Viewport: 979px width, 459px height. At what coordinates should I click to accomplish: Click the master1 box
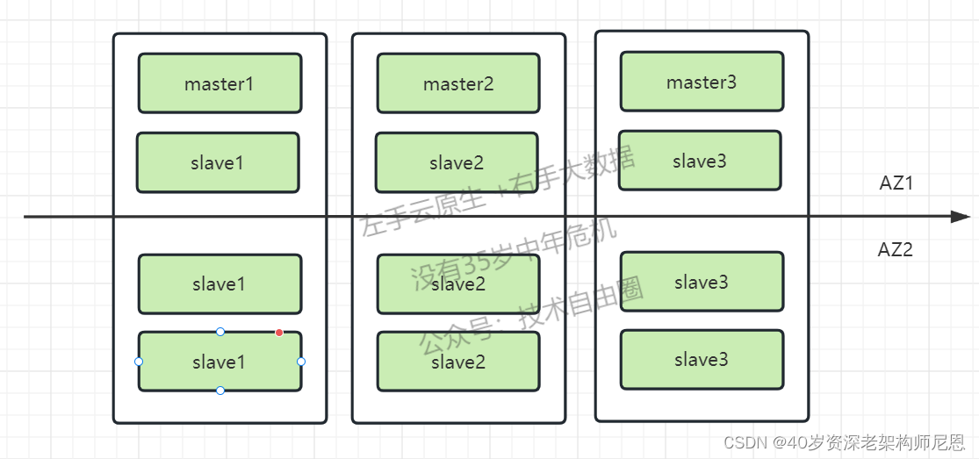click(x=220, y=83)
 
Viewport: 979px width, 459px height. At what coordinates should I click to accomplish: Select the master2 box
click(x=458, y=83)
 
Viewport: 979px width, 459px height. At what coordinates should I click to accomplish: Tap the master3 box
click(x=702, y=82)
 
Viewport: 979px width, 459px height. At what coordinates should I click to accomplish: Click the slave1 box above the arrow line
click(x=218, y=162)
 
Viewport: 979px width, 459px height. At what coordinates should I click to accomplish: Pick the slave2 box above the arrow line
click(x=457, y=162)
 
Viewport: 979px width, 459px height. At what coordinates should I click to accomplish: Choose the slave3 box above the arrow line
click(x=700, y=161)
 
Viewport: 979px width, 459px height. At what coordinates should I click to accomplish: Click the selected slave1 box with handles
click(x=220, y=362)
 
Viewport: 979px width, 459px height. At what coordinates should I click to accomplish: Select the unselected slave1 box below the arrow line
click(x=220, y=284)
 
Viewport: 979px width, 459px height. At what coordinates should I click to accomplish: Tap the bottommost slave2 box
click(x=458, y=361)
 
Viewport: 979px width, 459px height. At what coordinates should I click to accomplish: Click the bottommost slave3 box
click(x=702, y=359)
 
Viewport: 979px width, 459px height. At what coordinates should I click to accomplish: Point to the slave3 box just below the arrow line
click(x=702, y=282)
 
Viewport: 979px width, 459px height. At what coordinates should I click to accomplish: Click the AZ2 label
click(x=896, y=250)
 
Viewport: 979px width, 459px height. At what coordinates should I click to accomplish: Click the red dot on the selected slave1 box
click(x=279, y=333)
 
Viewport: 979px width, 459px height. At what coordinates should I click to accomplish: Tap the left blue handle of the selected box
click(x=139, y=362)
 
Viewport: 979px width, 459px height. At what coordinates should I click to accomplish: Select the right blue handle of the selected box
click(x=301, y=362)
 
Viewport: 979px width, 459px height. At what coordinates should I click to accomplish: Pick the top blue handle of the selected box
click(x=220, y=332)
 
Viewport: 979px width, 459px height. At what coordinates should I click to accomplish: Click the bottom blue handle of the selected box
click(x=220, y=391)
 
